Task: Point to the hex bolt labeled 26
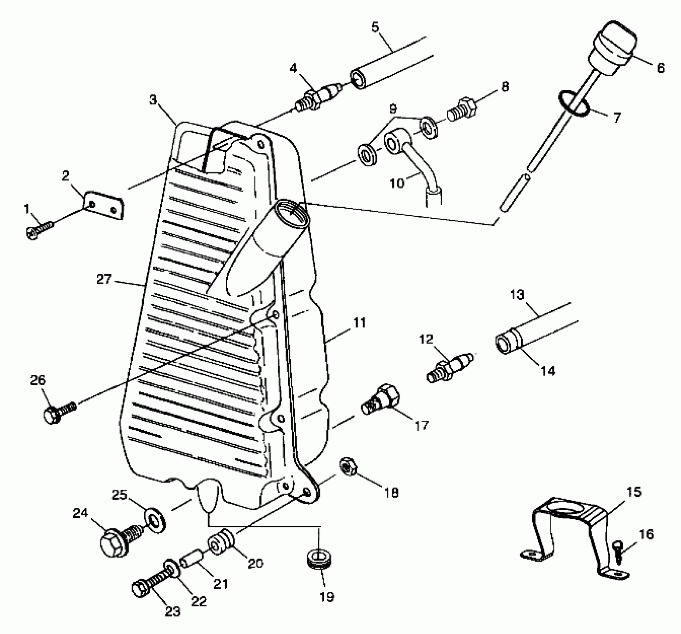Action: (x=60, y=412)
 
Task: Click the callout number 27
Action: (x=104, y=279)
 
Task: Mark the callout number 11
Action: (x=359, y=323)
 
